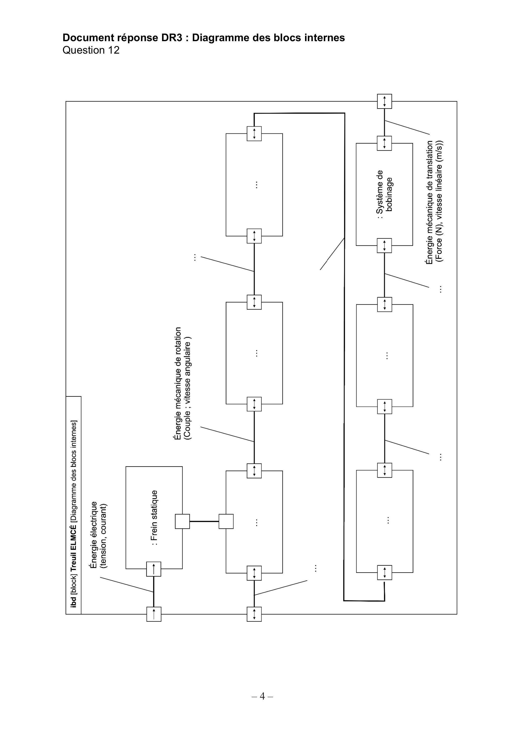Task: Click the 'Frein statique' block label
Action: point(154,517)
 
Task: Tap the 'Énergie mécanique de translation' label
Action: point(429,203)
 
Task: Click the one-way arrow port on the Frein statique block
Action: point(154,569)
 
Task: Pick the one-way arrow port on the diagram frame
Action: point(154,614)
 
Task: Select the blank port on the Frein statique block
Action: point(182,521)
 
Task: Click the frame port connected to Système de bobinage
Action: point(384,101)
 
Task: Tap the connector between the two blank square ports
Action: point(204,521)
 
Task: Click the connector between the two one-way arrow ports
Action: point(154,592)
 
